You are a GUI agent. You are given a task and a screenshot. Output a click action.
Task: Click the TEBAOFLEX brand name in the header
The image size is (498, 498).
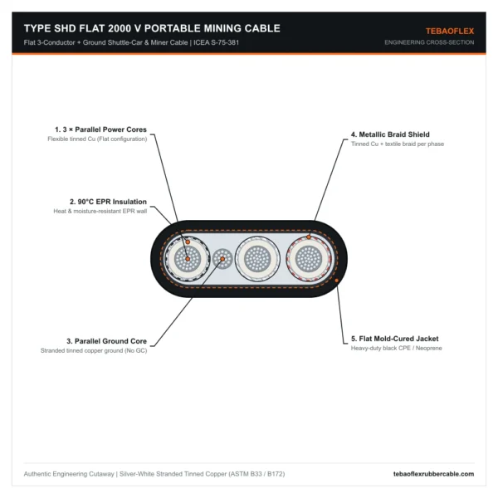(x=450, y=32)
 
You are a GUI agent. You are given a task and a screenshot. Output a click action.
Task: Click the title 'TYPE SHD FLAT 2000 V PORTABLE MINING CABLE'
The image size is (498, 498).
(x=152, y=28)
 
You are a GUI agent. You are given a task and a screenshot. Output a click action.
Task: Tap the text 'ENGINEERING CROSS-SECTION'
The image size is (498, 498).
(x=429, y=42)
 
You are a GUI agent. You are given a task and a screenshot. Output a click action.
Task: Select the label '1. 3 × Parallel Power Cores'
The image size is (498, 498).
(x=100, y=129)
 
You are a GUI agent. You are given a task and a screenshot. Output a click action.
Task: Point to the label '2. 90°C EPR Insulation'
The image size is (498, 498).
(x=108, y=202)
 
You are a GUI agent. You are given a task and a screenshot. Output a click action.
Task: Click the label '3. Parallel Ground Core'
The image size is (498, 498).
(x=107, y=341)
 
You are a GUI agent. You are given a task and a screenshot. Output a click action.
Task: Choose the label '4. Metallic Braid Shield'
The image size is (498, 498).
(x=390, y=134)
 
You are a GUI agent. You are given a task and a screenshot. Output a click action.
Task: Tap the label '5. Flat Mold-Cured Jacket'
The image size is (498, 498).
(x=395, y=339)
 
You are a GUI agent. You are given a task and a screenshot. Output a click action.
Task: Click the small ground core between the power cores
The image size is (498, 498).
(x=222, y=259)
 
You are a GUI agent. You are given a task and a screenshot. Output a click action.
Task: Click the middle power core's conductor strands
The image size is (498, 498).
(x=257, y=259)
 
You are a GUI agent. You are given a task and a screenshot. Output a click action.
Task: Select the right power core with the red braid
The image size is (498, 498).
(x=309, y=259)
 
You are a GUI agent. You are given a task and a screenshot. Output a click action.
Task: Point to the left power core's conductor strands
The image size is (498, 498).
(x=188, y=259)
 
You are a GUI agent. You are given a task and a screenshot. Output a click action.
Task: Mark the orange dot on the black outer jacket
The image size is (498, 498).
(x=337, y=281)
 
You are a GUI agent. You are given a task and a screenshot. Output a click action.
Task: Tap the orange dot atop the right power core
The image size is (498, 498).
(x=309, y=237)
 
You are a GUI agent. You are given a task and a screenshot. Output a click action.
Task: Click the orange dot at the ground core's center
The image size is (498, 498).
(x=222, y=259)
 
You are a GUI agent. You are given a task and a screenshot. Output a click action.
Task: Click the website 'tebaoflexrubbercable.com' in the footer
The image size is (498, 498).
(x=433, y=474)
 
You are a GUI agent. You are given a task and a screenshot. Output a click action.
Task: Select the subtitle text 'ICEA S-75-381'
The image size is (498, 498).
(x=217, y=42)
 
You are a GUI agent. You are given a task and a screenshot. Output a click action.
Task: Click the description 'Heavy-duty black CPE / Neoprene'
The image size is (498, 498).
(x=397, y=348)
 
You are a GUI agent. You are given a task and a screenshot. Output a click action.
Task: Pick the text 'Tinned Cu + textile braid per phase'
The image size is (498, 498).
(x=398, y=144)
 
